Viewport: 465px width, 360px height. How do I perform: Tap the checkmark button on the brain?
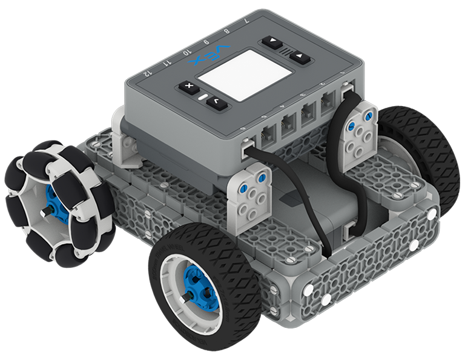[x=215, y=104]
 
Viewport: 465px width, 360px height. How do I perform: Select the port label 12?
[x=145, y=72]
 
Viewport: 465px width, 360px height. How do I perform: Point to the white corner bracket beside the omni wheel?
[x=124, y=145]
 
